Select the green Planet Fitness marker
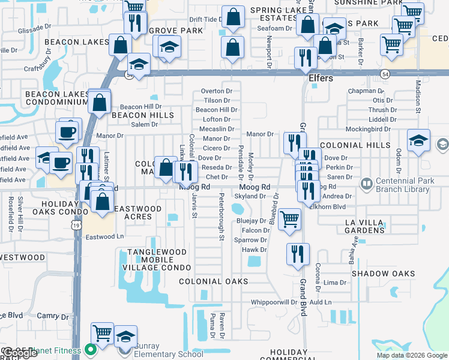(x=91, y=349)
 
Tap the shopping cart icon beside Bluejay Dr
(x=290, y=219)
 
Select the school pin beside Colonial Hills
(x=418, y=140)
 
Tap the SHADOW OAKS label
(x=383, y=274)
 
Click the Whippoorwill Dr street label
(x=274, y=302)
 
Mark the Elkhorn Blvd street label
(x=327, y=206)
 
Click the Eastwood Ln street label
(x=104, y=236)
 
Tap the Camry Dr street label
(x=53, y=316)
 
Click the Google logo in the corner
(x=19, y=353)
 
